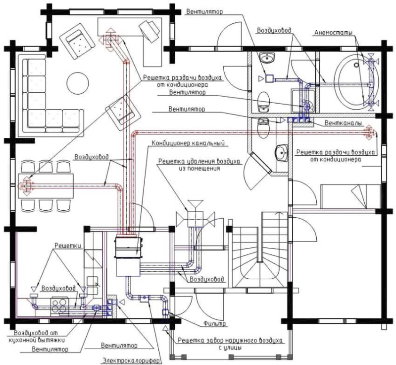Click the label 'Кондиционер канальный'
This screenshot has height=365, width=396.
(188, 143)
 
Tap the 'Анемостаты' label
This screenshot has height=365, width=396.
(333, 33)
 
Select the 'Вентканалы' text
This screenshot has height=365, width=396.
(343, 123)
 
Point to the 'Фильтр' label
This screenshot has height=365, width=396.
(215, 323)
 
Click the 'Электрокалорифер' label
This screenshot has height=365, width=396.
(131, 360)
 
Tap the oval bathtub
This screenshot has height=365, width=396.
(356, 81)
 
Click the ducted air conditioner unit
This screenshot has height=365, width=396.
(128, 256)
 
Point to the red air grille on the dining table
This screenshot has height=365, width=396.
(26, 186)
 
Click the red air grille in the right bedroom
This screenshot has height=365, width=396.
(370, 132)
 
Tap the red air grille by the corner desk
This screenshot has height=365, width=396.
(110, 40)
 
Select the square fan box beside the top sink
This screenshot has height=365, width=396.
(269, 79)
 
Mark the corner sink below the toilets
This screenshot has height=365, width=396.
(282, 152)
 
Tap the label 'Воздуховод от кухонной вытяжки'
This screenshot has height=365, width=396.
(37, 336)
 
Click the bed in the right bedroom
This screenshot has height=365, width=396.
(351, 196)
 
